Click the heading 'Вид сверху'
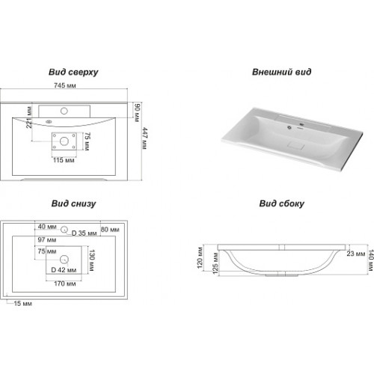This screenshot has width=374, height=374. click(x=73, y=72)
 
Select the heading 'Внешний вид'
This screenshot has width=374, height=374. click(x=281, y=72)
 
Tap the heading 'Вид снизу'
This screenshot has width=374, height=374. click(x=73, y=203)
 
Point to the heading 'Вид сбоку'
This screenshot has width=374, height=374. click(x=282, y=203)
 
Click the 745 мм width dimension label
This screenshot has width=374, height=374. click(x=65, y=85)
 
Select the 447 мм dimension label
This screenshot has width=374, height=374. click(x=144, y=138)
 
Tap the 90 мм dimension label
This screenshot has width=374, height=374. click(x=137, y=113)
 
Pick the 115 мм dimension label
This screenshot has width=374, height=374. click(x=64, y=160)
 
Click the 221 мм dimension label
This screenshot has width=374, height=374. click(x=29, y=117)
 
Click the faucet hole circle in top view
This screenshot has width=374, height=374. click(x=64, y=111)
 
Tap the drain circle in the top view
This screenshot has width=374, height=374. click(x=64, y=141)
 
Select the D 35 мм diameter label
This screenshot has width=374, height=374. click(x=84, y=233)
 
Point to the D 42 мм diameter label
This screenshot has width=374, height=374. click(x=64, y=270)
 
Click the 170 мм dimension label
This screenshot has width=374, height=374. click(x=65, y=283)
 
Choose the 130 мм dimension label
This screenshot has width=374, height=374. click(x=91, y=260)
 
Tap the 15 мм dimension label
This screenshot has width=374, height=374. click(x=23, y=304)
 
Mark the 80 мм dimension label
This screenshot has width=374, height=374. click(x=110, y=230)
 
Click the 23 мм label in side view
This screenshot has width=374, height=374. click(x=356, y=254)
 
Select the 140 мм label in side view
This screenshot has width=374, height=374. click(x=371, y=260)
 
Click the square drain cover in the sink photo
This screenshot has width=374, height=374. click(x=296, y=145)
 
